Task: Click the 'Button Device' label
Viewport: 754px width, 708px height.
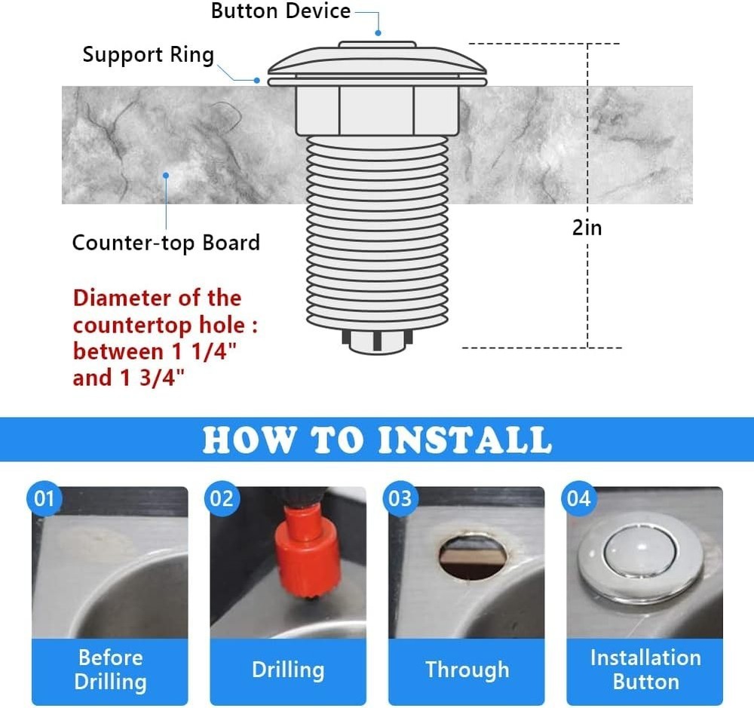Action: (280, 11)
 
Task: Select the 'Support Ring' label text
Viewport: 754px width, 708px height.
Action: (148, 55)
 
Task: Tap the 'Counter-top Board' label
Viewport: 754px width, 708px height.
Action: (166, 243)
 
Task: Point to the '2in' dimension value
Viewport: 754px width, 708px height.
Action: (587, 227)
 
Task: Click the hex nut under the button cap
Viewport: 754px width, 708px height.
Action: (376, 110)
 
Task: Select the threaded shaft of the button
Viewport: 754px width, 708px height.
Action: (377, 234)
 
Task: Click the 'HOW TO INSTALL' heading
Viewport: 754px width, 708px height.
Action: (377, 440)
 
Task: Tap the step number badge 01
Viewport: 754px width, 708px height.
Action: (45, 499)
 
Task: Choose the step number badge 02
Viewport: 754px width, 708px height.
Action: (222, 499)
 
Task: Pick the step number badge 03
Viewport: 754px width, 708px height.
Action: (400, 499)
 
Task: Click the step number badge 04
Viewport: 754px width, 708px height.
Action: (578, 499)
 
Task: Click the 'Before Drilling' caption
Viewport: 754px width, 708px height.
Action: (110, 670)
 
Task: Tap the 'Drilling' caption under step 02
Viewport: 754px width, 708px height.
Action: (288, 670)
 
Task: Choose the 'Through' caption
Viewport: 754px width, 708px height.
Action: (467, 670)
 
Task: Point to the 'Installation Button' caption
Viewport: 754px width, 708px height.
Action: (645, 670)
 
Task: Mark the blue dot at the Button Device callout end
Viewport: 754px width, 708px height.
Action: (378, 33)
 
